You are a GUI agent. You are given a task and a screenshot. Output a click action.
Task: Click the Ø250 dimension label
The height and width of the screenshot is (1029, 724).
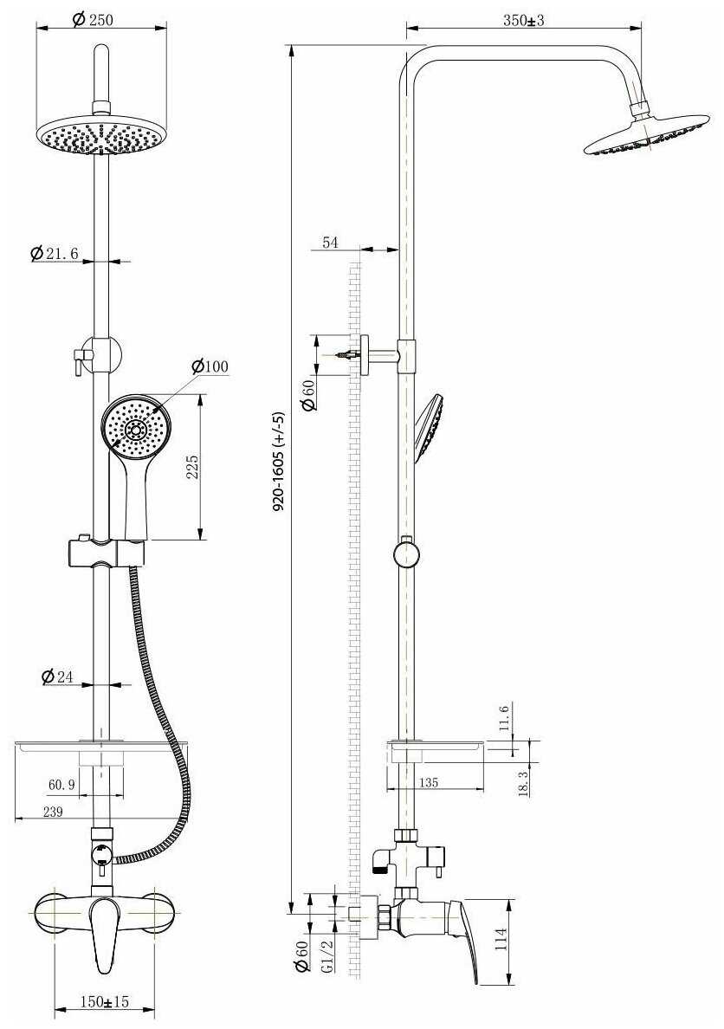(94, 19)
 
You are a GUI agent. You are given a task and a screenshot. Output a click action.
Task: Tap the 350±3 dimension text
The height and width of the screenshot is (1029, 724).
(523, 20)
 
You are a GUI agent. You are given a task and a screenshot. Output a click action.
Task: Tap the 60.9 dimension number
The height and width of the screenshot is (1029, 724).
(61, 785)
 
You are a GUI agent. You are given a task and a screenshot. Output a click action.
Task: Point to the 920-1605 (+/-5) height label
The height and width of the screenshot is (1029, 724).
(279, 463)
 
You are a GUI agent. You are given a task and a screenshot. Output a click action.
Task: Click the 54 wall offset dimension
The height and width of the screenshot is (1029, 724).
(330, 243)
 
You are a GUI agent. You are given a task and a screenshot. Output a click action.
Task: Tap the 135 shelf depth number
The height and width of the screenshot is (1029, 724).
(428, 782)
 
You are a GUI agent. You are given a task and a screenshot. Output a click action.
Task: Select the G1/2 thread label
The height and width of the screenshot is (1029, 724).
(326, 959)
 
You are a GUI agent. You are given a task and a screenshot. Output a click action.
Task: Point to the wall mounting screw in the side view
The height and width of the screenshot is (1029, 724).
(348, 354)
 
